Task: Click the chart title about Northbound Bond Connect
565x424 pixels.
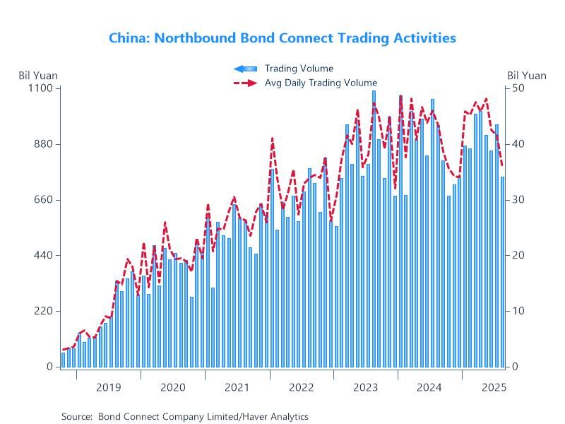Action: (282, 38)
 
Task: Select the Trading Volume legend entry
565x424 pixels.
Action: (299, 69)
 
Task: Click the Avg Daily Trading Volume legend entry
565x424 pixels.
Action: (321, 83)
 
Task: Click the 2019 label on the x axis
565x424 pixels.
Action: (108, 387)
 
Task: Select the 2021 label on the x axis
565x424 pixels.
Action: (237, 387)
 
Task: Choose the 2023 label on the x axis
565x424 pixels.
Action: (365, 387)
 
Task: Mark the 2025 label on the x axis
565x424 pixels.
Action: (493, 387)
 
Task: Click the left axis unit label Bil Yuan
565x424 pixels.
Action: (38, 76)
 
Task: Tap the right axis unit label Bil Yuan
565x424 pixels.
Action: (527, 76)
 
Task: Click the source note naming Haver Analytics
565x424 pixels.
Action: (185, 417)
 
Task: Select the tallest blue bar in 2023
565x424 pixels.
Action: (374, 226)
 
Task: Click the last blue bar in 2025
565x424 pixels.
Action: (503, 272)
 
